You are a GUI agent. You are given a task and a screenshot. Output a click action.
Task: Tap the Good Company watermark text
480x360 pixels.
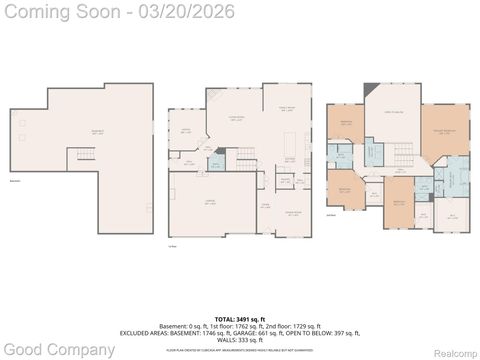(x=57, y=349)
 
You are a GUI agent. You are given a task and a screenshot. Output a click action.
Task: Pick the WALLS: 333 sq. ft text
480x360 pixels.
(x=240, y=339)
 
